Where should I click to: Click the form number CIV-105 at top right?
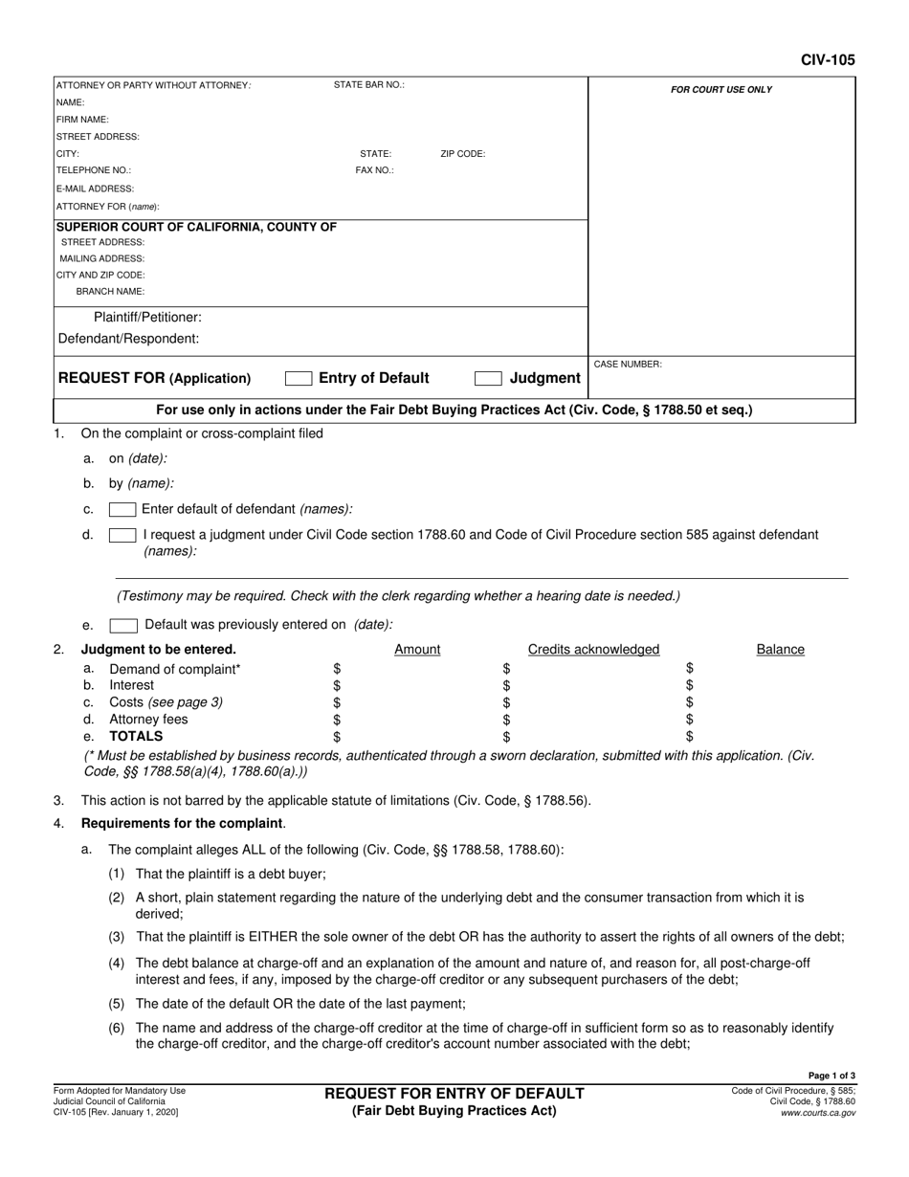828,59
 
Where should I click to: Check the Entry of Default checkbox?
299,379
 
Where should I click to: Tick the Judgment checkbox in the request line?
488,379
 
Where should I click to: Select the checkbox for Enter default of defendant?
122,509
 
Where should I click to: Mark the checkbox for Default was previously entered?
122,626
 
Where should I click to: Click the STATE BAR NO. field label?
368,85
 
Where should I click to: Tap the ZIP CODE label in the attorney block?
462,154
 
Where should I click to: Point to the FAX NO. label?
375,171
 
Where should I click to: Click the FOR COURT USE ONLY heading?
721,90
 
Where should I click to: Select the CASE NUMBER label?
628,365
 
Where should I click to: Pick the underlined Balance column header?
780,650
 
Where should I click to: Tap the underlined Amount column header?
417,650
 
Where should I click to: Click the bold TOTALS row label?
136,737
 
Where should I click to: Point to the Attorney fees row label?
148,720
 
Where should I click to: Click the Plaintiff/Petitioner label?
147,317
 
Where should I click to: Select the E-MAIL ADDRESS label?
96,189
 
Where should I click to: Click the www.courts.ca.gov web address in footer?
819,1114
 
